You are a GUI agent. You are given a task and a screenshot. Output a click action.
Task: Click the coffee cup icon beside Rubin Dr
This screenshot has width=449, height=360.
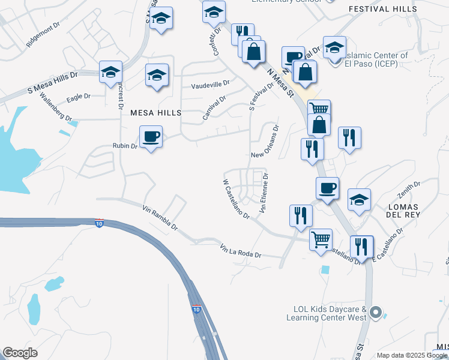151,136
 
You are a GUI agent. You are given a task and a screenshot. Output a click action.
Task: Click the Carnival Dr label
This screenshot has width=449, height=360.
214,108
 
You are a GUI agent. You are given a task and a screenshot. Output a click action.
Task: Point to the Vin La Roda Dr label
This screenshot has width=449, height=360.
241,251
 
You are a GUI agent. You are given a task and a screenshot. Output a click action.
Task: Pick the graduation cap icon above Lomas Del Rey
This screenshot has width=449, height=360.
359,199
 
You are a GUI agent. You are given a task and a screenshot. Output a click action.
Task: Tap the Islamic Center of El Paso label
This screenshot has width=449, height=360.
377,59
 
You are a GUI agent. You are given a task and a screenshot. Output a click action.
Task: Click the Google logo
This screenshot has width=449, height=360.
20,353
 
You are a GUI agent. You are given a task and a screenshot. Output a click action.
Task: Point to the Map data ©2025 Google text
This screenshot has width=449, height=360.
412,355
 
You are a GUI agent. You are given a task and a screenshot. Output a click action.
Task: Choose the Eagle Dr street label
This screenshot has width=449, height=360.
79,96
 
